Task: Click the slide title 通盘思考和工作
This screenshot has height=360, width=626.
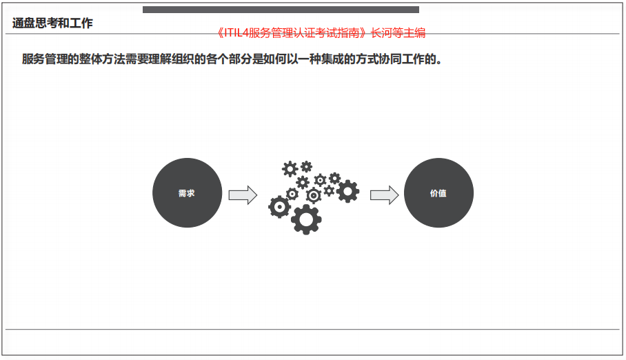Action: coord(52,23)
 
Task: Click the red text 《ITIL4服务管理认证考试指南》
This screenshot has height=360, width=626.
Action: coord(292,33)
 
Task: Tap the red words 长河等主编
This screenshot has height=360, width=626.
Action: coord(398,33)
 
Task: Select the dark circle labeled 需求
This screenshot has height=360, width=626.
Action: coord(188,193)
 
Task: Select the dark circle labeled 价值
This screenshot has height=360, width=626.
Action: coord(438,193)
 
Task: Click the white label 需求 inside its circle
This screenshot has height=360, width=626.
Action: coord(186,193)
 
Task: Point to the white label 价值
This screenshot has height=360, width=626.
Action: coord(438,193)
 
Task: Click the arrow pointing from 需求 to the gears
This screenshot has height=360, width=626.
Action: coord(243,195)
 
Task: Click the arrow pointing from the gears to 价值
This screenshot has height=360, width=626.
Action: coord(385,195)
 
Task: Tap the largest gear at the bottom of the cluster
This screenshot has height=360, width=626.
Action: coord(306,219)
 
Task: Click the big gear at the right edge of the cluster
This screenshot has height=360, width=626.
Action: coord(347,191)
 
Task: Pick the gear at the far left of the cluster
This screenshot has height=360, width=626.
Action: coord(279,207)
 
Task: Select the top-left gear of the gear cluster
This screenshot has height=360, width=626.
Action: coord(290,168)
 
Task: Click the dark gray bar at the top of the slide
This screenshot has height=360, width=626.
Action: coord(281,10)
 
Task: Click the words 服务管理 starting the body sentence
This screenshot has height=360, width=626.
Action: coord(45,59)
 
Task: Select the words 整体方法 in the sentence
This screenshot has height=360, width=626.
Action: coord(102,59)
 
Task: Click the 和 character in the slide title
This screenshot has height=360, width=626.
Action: coord(64,23)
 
